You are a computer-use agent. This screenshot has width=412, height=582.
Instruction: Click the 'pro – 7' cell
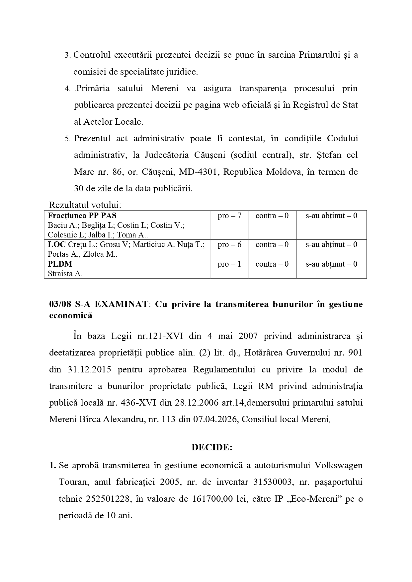point(229,216)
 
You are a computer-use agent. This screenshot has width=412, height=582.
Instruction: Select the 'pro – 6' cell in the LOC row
point(229,245)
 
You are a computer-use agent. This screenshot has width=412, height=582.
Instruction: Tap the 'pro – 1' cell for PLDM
point(229,264)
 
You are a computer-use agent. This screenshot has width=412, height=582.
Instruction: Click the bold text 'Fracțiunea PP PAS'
point(82,216)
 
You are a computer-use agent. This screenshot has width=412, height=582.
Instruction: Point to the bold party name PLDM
point(60,264)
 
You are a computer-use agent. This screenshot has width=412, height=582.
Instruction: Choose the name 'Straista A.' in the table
point(65,274)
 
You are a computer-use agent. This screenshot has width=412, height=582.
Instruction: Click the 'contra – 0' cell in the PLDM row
point(272,264)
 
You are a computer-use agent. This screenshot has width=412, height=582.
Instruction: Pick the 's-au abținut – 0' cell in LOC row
point(331,245)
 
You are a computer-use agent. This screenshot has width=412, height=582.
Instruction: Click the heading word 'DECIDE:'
point(212,447)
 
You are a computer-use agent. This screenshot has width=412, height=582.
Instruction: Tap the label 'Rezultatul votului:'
point(85,204)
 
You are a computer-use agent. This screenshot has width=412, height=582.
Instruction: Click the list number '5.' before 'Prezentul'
point(68,139)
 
